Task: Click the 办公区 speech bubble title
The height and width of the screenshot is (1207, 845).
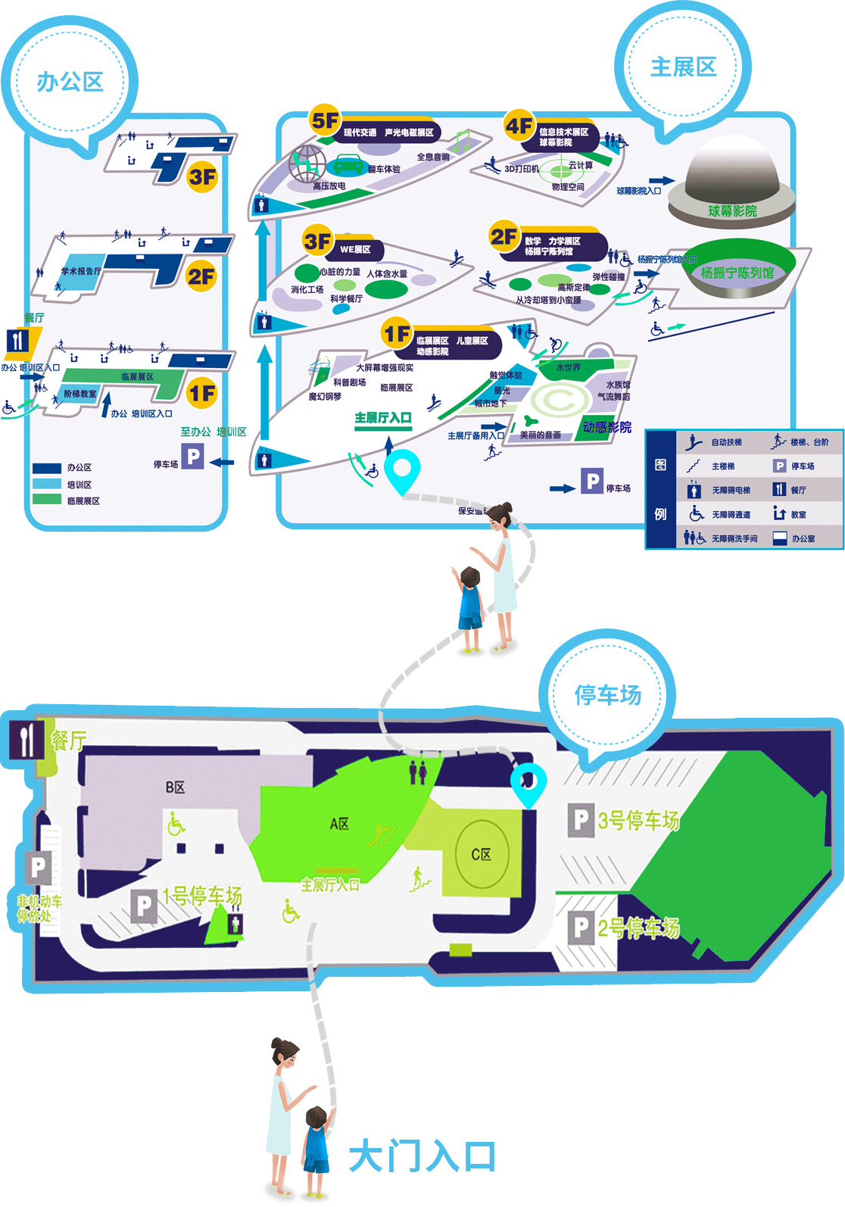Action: [70, 82]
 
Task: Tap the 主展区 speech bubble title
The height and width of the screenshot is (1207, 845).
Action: [683, 67]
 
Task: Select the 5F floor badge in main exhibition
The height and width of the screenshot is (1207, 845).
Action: [325, 120]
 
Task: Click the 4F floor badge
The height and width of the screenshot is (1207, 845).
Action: [519, 126]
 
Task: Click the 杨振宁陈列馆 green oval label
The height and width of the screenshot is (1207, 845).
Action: [737, 272]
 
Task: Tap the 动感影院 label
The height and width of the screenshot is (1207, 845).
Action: [606, 427]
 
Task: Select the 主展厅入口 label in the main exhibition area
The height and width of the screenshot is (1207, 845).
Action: [383, 418]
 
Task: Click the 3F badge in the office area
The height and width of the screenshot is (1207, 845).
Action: [202, 177]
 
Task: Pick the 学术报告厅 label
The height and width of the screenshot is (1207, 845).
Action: [81, 271]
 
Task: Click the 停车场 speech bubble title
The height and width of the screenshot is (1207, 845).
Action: [607, 694]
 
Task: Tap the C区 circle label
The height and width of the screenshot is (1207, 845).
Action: [482, 854]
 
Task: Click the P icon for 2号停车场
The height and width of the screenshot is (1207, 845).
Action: [580, 928]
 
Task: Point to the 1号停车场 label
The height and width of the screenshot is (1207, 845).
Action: [201, 897]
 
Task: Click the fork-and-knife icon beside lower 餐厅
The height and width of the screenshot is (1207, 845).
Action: [27, 740]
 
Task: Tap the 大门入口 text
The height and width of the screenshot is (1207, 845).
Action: [422, 1157]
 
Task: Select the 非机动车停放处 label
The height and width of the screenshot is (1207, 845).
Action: [39, 908]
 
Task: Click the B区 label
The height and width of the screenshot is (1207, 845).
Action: [175, 788]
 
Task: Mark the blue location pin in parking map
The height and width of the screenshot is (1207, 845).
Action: [528, 784]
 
